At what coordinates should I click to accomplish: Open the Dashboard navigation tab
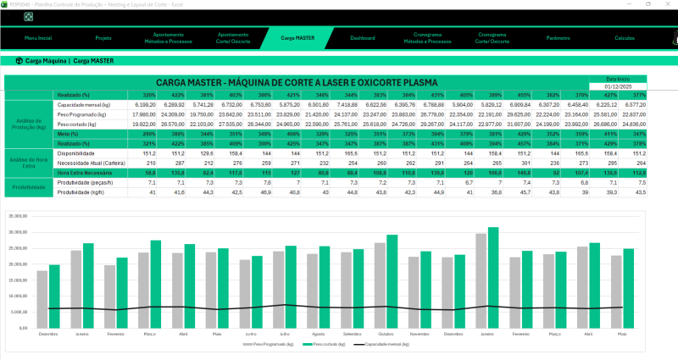click(x=363, y=38)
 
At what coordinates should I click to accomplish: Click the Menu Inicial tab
click(x=38, y=38)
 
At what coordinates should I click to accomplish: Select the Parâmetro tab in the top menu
click(x=557, y=38)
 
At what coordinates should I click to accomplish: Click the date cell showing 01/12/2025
click(x=619, y=86)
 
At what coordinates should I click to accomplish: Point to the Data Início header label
click(x=619, y=78)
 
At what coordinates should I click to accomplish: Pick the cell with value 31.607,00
click(x=539, y=123)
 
